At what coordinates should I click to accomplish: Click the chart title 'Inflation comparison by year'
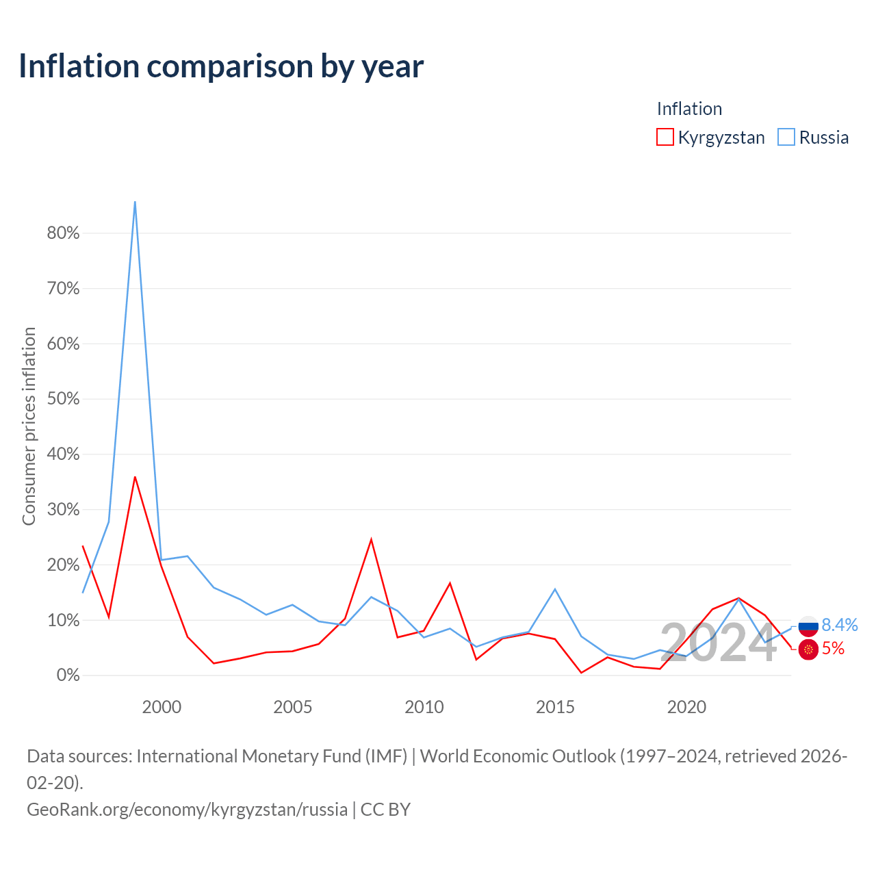(x=221, y=66)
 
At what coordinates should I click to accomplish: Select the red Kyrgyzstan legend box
(x=665, y=137)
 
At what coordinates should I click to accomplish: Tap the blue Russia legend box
(x=786, y=137)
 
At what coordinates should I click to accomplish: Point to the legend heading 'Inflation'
(x=689, y=109)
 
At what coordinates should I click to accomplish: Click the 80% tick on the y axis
(x=63, y=233)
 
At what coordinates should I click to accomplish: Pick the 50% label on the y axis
(x=63, y=399)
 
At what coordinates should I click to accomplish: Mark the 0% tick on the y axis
(x=68, y=675)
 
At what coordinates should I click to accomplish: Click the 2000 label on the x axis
(x=162, y=707)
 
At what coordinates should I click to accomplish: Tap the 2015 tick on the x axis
(x=555, y=707)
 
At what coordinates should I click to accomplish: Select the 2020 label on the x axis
(x=686, y=707)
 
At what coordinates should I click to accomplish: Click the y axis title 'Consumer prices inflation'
(x=29, y=426)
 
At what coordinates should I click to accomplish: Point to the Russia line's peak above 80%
(x=135, y=201)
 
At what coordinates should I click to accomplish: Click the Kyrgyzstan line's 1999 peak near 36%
(x=135, y=477)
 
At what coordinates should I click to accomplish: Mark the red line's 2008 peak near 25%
(x=372, y=539)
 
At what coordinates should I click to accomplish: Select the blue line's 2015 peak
(x=555, y=589)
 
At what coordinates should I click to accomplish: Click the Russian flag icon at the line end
(x=808, y=626)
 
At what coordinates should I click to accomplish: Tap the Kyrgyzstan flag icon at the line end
(x=808, y=649)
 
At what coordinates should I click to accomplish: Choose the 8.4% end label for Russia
(x=840, y=625)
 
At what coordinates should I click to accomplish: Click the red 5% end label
(x=833, y=648)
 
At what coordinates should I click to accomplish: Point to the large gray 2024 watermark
(x=719, y=643)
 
